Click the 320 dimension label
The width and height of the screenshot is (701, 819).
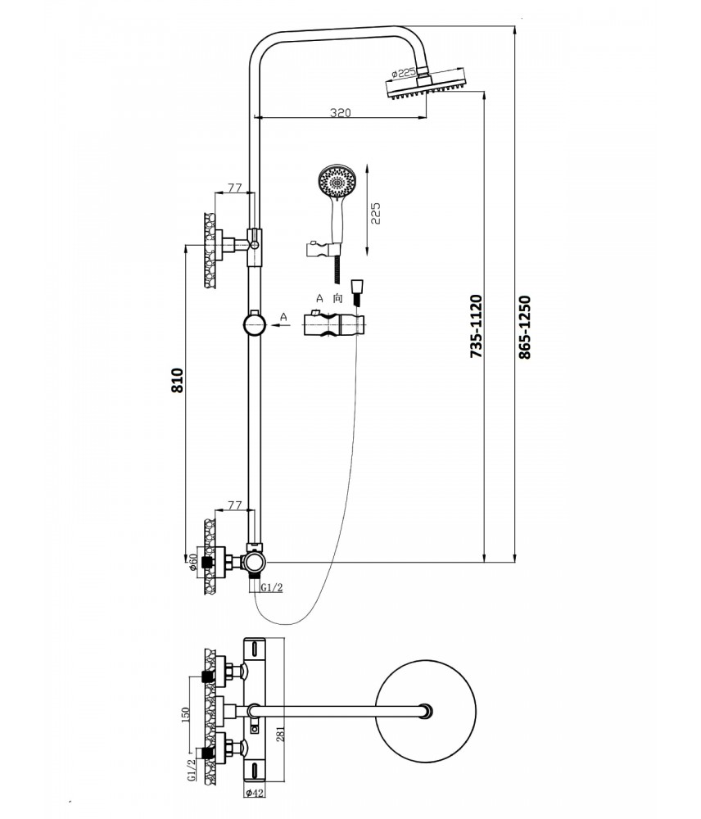(x=341, y=113)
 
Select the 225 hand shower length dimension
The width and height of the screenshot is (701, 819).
(x=377, y=213)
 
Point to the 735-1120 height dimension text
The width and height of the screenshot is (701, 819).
(x=477, y=324)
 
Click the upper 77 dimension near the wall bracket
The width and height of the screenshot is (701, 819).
(x=235, y=188)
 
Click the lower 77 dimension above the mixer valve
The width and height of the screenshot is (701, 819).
(x=235, y=506)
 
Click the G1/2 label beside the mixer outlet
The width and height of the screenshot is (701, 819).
(x=273, y=587)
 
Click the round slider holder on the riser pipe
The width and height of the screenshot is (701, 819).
(x=256, y=325)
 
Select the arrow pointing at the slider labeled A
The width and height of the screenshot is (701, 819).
(x=283, y=325)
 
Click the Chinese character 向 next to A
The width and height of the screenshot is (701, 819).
(x=337, y=300)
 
